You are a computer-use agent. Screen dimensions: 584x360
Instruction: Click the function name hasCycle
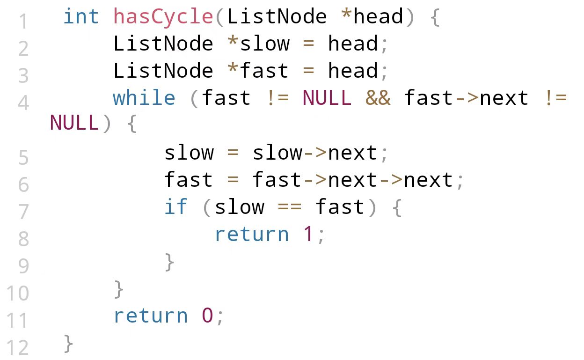click(163, 17)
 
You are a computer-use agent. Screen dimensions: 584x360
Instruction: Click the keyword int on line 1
click(81, 17)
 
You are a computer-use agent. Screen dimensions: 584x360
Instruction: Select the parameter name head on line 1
click(378, 17)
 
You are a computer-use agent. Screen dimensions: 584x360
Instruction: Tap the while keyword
click(144, 98)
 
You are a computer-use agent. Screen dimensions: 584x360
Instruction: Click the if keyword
click(175, 207)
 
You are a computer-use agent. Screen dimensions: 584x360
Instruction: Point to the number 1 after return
click(308, 234)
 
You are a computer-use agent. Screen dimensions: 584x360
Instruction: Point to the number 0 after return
click(207, 316)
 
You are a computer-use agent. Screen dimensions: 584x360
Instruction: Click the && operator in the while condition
click(378, 98)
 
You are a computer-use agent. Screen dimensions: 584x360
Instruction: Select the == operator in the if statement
click(290, 207)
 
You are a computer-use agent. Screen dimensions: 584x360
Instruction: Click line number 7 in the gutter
click(23, 212)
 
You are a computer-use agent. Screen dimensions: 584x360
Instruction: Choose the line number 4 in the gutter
click(23, 103)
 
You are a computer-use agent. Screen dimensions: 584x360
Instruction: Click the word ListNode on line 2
click(163, 44)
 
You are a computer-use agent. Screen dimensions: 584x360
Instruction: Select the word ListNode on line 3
click(163, 71)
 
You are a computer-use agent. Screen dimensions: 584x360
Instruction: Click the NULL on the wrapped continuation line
click(74, 123)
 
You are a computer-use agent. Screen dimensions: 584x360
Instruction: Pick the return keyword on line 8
click(251, 234)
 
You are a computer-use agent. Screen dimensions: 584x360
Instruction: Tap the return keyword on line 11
click(150, 316)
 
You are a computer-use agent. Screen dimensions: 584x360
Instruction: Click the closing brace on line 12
click(68, 344)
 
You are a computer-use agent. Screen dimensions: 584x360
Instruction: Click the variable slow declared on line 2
click(264, 44)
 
